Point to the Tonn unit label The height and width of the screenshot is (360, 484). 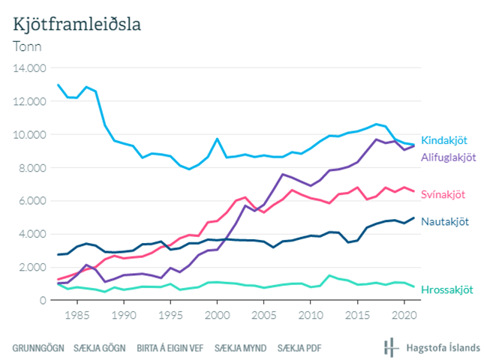point(27,46)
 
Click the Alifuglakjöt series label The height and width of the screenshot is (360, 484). point(449,157)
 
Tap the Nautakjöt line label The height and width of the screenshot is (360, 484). point(446,221)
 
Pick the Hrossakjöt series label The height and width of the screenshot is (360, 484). point(448,289)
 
